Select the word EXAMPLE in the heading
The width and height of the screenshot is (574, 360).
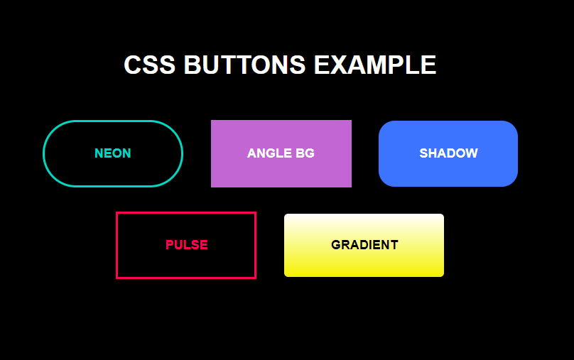pos(374,65)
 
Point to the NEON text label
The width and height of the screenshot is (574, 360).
pos(113,153)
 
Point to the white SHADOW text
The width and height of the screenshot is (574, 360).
pos(448,153)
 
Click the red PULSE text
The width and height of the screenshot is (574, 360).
pos(186,245)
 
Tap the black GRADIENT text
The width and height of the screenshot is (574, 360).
pos(364,245)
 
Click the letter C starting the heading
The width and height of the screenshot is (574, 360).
pos(133,65)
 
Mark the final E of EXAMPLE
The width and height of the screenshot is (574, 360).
pos(428,65)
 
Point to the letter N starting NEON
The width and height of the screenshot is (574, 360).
pos(99,153)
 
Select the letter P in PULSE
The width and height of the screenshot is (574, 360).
pos(170,245)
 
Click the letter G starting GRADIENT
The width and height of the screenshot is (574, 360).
pos(336,245)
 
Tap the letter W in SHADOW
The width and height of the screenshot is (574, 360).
pos(472,153)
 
